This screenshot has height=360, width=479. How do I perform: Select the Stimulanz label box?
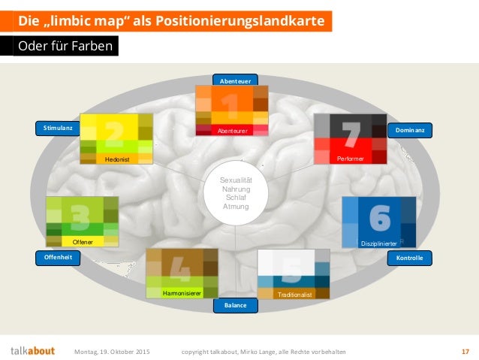[58, 129]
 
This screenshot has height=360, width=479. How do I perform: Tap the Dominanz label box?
[409, 131]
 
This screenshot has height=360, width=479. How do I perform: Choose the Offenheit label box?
[58, 257]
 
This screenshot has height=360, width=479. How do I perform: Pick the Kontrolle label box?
[410, 258]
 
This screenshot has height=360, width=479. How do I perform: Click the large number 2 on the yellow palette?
[115, 133]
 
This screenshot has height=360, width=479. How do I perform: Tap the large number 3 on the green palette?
[81, 215]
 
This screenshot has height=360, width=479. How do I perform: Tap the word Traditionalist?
[294, 295]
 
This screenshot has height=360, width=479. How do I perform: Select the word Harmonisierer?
[182, 293]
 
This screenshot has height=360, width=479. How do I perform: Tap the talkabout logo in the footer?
[32, 351]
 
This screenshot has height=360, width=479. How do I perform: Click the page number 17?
[465, 351]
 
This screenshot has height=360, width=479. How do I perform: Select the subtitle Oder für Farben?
[66, 47]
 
